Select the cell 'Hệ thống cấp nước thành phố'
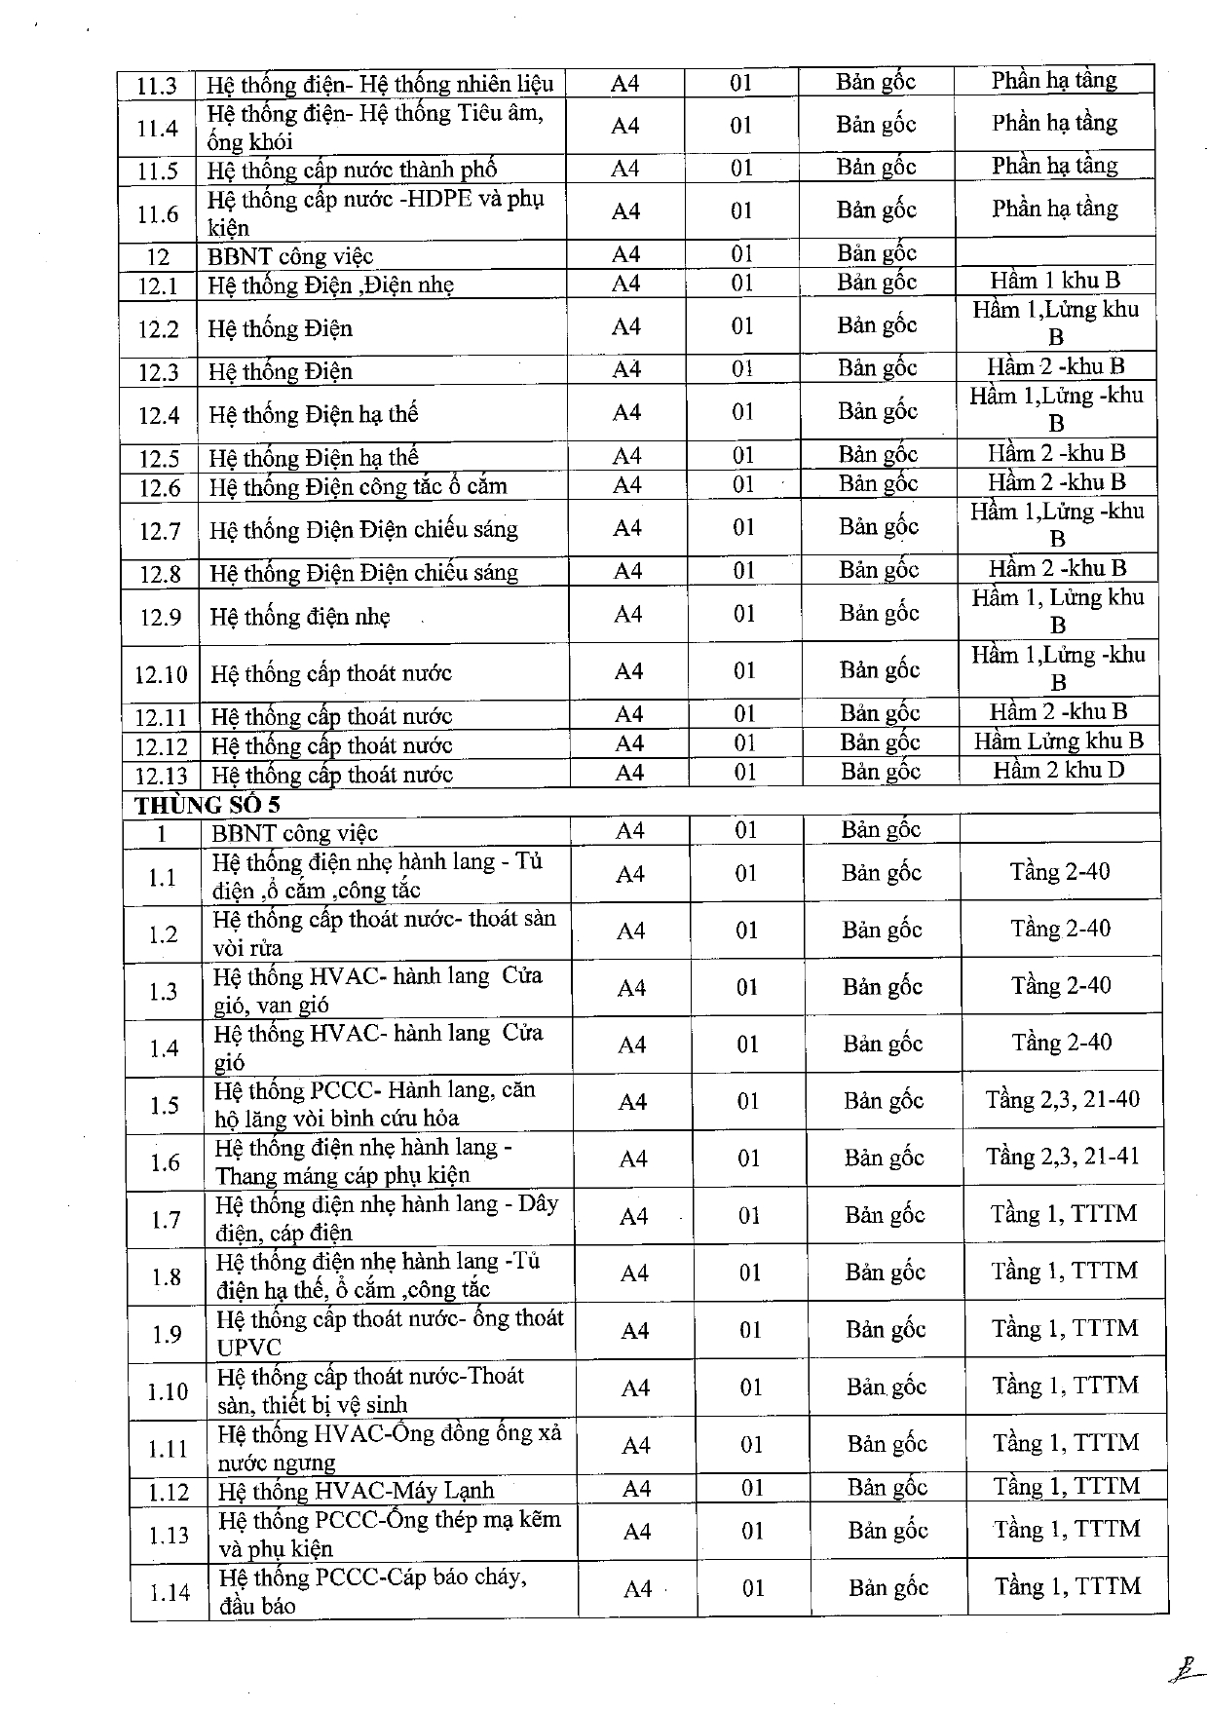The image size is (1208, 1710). point(352,171)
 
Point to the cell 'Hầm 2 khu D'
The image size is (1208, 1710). point(1058,770)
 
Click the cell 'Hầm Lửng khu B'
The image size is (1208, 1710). point(1058,741)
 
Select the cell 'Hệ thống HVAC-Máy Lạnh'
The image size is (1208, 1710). point(356,1491)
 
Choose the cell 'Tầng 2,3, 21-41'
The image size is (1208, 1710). point(1062,1157)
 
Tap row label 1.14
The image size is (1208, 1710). point(169,1593)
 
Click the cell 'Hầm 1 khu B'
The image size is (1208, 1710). point(1055,281)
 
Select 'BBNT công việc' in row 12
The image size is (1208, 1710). point(290,257)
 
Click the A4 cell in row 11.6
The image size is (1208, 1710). point(624,211)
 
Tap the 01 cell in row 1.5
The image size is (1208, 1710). point(747,1102)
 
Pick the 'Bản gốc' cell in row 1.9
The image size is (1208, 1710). point(885,1329)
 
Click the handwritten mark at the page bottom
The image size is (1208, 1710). point(1183,1670)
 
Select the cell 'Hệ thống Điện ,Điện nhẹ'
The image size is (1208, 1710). point(330,285)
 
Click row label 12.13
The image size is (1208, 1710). point(161,776)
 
